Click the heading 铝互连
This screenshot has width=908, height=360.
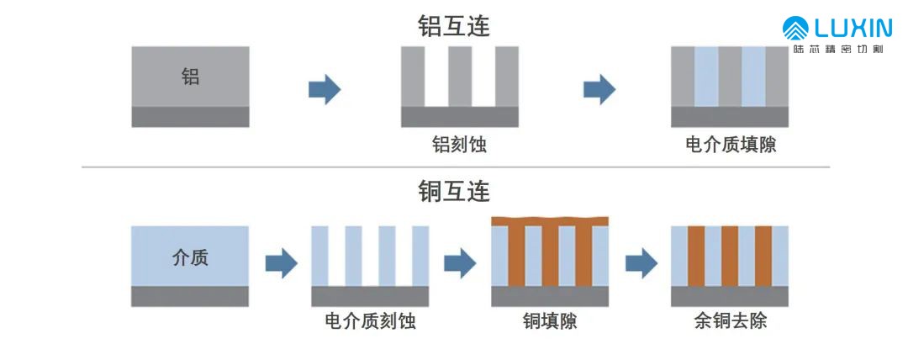[x=454, y=26]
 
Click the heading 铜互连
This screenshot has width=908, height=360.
[x=454, y=191]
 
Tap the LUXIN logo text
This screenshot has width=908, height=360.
[x=848, y=29]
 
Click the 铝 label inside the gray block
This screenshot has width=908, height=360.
[x=191, y=77]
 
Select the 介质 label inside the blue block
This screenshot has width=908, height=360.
[x=190, y=257]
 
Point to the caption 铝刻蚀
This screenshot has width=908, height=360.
[x=460, y=145]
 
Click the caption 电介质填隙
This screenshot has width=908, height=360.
[x=731, y=145]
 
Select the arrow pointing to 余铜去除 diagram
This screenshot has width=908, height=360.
[x=641, y=263]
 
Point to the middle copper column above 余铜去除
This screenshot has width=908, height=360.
[x=730, y=256]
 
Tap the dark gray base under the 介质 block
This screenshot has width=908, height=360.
[x=190, y=296]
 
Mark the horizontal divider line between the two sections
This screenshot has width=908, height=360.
[x=454, y=167]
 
